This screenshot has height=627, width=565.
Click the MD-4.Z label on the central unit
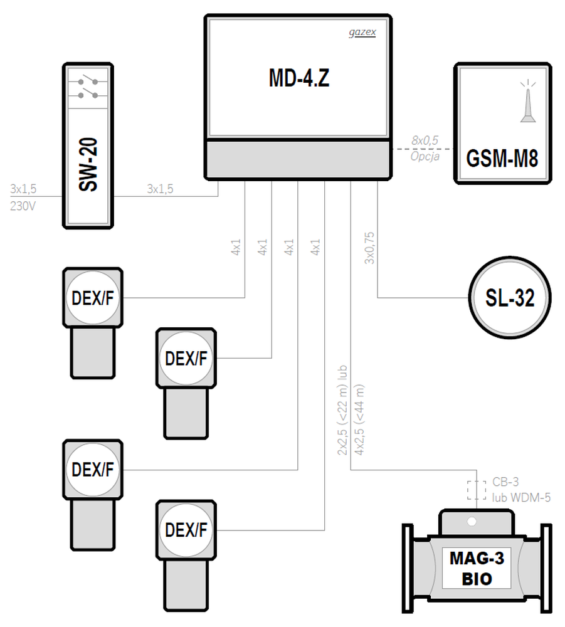point(299,78)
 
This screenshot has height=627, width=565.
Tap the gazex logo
point(362,33)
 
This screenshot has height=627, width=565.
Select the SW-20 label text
point(88,165)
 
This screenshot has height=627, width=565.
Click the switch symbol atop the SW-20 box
point(88,88)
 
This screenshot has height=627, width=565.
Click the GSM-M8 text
point(502,159)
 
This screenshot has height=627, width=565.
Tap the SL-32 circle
point(510,297)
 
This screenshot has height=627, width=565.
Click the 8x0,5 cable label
point(425,140)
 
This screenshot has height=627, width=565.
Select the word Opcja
point(425,156)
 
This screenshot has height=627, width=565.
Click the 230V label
point(23,206)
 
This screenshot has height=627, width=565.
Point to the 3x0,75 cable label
point(369,248)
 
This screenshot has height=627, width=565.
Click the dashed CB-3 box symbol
point(477,490)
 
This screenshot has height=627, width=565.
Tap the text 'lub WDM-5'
point(521,498)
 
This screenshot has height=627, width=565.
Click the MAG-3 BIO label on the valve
point(477,568)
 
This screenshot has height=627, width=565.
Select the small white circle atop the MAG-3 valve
point(472,522)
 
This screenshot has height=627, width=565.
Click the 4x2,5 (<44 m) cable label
point(359,419)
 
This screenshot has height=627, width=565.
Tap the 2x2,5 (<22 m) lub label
point(342,410)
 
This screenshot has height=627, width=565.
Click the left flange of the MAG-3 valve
point(408,568)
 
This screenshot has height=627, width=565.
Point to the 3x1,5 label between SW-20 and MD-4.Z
point(160,189)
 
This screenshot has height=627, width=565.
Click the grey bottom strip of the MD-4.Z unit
point(298,159)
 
